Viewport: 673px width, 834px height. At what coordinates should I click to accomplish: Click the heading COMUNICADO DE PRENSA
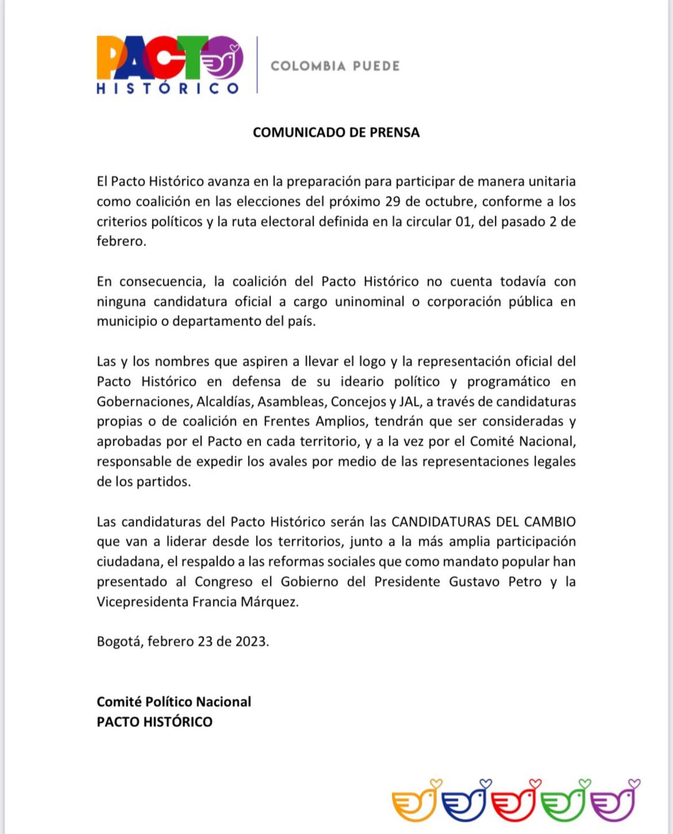[336, 132]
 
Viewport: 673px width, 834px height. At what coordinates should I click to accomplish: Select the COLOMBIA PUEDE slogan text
[335, 66]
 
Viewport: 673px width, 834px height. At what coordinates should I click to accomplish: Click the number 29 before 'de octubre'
[393, 201]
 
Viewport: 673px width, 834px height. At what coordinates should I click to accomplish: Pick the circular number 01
[463, 221]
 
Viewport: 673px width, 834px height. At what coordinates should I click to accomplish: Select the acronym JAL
[409, 401]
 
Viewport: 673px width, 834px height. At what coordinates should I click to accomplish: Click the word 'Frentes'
[287, 421]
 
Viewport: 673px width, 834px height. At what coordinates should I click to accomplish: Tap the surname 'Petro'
[523, 582]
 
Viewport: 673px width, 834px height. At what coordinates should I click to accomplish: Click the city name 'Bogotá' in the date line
[120, 641]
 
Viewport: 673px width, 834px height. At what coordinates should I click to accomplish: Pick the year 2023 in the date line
[251, 641]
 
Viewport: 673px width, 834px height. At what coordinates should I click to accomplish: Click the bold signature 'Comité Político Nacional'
[174, 702]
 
